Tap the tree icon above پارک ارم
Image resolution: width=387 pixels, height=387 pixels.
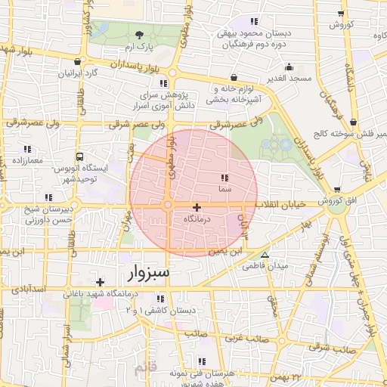(139, 35)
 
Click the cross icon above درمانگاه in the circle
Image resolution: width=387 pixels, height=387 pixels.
(197, 207)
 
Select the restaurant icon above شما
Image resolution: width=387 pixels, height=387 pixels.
(224, 178)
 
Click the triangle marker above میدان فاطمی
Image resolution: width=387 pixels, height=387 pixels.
(264, 254)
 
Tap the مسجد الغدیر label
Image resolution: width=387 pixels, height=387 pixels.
(288, 79)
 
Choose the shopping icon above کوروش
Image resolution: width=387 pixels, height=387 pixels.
(342, 14)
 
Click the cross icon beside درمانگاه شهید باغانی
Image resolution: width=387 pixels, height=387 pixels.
(99, 282)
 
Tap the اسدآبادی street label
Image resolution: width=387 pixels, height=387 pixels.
(30, 289)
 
